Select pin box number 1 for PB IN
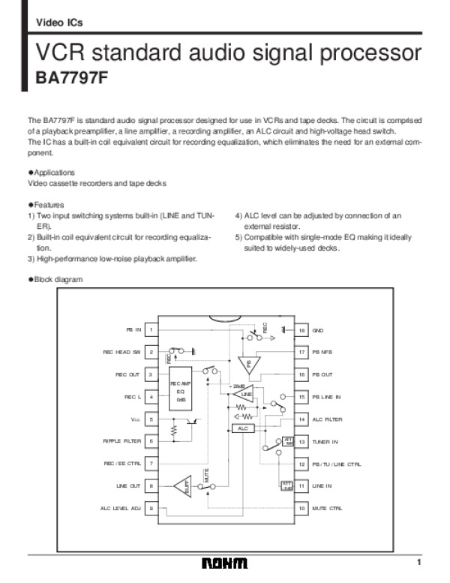coord(151,329)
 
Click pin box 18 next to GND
coord(301,329)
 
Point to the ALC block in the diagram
coord(242,428)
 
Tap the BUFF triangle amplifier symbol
coord(183,488)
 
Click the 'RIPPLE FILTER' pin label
coord(121,441)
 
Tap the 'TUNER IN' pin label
coord(325,442)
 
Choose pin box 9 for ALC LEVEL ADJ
coord(151,509)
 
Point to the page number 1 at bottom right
coord(421,563)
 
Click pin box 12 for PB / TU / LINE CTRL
coord(301,464)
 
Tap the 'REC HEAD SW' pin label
coord(121,351)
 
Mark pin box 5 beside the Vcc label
coord(151,419)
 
